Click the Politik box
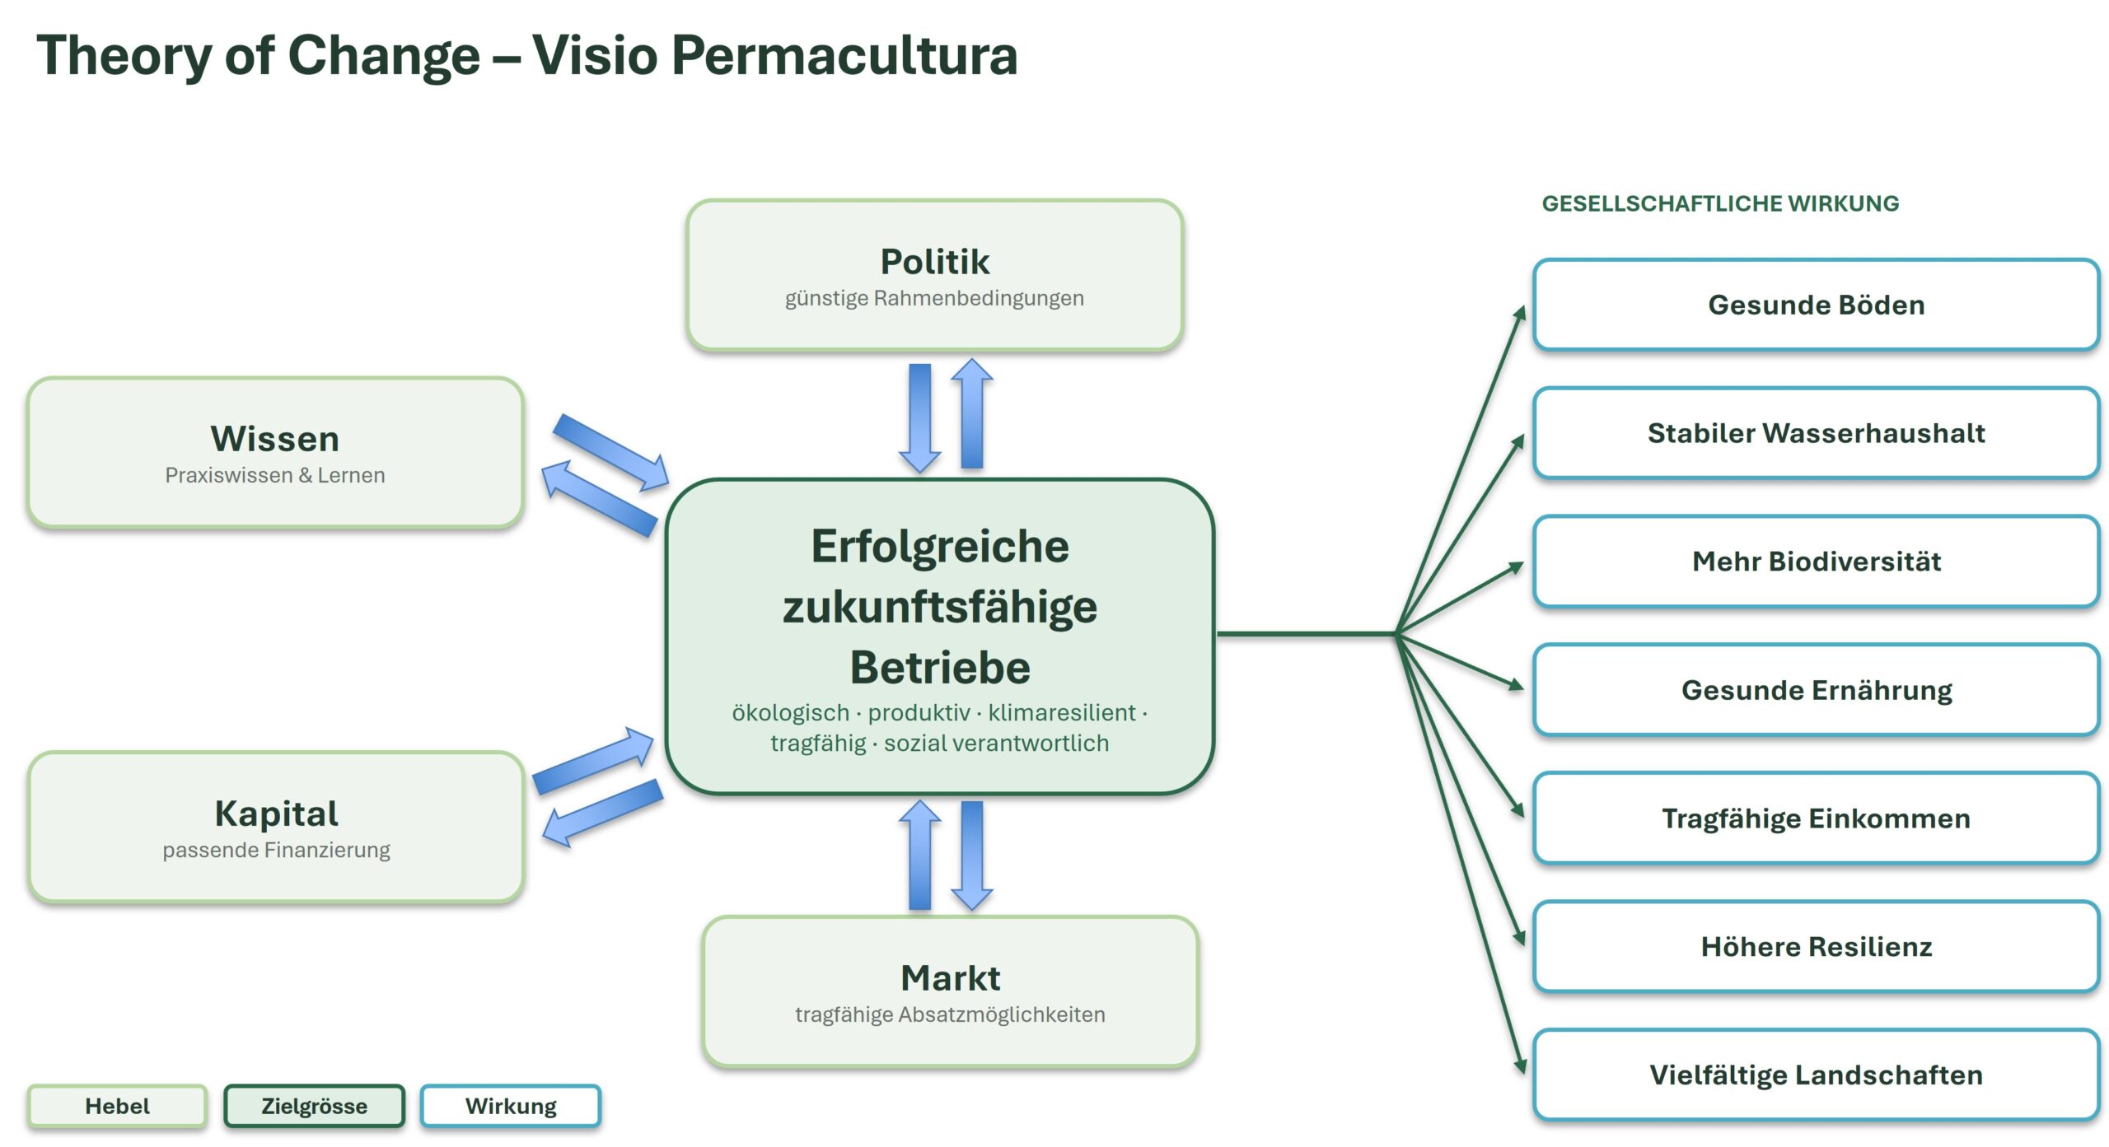935,275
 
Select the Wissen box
275,452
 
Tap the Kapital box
276,827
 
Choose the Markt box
950,991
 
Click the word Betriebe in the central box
940,667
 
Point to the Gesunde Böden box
1816,305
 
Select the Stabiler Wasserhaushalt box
1816,433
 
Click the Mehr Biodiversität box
1816,562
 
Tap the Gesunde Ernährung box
1816,690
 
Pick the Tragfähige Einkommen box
1816,818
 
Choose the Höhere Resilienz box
1816,947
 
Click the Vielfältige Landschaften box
1816,1075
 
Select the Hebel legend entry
117,1106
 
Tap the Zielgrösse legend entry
314,1106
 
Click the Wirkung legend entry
511,1106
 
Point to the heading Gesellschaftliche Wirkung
1720,203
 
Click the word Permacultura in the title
844,56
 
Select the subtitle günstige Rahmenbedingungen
934,298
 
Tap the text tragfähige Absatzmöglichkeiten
950,1014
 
